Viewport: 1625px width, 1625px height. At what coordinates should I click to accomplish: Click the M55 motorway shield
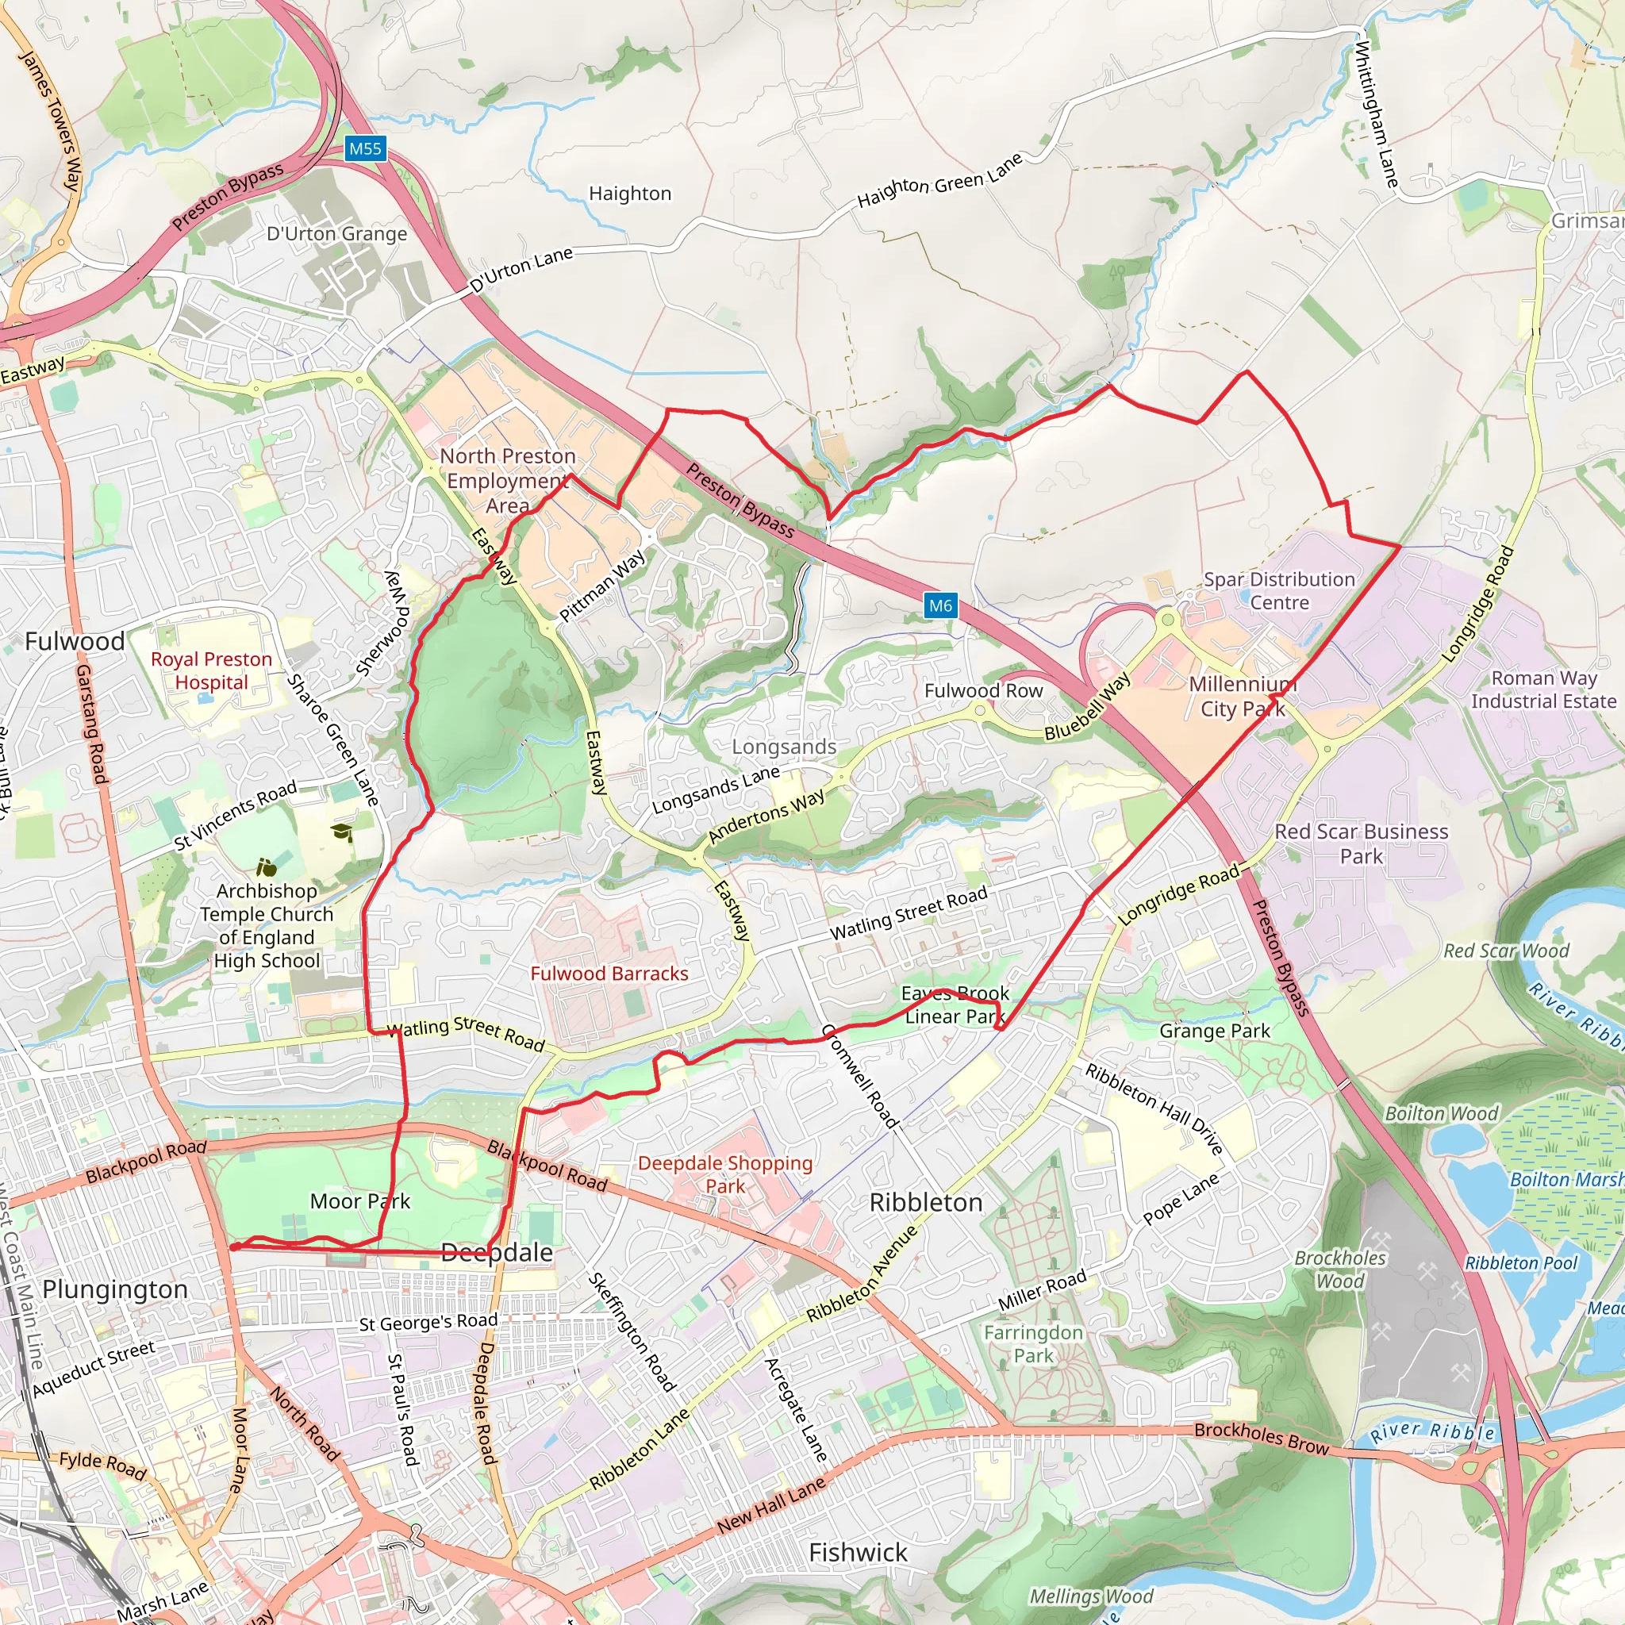(365, 149)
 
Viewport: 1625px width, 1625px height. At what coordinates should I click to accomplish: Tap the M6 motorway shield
(940, 605)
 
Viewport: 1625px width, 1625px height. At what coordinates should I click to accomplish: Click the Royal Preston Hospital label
(211, 670)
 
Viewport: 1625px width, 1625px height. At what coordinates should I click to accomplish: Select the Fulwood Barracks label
(609, 973)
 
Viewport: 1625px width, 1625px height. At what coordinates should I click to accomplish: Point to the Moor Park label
(360, 1201)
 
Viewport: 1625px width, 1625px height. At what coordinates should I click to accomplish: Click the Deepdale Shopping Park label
(725, 1174)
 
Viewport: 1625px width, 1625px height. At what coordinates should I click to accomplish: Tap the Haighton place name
(630, 194)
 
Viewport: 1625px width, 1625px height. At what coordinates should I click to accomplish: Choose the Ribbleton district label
(926, 1203)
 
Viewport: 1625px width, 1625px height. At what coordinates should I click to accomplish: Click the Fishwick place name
(858, 1553)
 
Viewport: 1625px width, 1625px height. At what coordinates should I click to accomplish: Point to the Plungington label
(115, 1289)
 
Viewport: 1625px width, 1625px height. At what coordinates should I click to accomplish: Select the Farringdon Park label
(1033, 1344)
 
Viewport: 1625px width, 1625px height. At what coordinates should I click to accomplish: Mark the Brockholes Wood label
(1340, 1270)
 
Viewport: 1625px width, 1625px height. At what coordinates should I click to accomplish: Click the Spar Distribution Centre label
(1278, 590)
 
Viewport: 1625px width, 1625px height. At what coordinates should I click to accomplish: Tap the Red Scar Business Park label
(1361, 843)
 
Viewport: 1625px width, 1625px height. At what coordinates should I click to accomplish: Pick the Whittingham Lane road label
(1376, 114)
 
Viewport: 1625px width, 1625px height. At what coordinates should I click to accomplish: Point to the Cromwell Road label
(859, 1076)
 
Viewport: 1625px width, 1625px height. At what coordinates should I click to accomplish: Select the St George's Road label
(428, 1322)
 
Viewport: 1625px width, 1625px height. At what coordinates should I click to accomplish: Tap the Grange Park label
(1215, 1031)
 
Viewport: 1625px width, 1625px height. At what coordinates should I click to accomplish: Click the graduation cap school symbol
(341, 832)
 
